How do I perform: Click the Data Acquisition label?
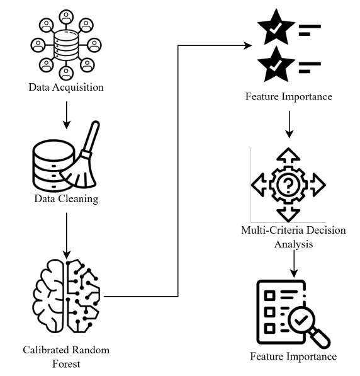click(x=66, y=88)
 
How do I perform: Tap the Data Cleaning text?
click(x=66, y=199)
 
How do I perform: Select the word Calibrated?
click(x=46, y=350)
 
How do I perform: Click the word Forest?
click(x=66, y=364)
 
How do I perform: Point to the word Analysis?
click(x=294, y=244)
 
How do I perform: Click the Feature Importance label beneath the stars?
click(x=289, y=96)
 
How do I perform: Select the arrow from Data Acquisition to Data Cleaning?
click(x=67, y=115)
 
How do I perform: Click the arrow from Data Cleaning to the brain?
click(x=67, y=236)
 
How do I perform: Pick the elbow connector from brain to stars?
click(x=178, y=171)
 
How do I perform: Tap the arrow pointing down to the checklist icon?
click(x=294, y=264)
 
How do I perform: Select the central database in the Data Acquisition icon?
click(x=66, y=45)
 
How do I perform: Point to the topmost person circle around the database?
click(x=66, y=17)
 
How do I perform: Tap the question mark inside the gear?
click(x=288, y=185)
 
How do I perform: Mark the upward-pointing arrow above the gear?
click(x=288, y=155)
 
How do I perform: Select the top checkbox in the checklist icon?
click(x=269, y=295)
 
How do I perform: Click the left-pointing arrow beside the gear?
click(x=259, y=185)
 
